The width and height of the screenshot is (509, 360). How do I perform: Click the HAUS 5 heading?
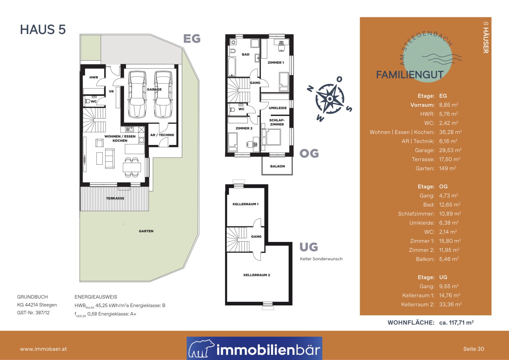[43, 30]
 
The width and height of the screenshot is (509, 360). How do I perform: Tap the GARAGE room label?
[154, 89]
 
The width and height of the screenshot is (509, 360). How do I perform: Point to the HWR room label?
[94, 77]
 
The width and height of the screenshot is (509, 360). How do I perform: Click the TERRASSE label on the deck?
[115, 198]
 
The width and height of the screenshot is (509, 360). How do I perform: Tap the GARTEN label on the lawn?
[146, 231]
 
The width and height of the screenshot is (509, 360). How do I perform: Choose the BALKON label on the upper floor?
[277, 166]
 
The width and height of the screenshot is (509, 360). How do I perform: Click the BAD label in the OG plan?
[246, 54]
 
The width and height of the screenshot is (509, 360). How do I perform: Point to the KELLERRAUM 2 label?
[257, 275]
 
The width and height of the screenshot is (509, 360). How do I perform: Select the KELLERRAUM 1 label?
[245, 204]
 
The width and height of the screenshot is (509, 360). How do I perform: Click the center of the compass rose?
[330, 99]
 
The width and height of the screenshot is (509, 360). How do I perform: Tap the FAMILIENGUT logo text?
[410, 75]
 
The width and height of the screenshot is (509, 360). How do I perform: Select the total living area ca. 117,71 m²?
[456, 323]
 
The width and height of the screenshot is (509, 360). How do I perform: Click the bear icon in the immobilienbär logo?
[201, 349]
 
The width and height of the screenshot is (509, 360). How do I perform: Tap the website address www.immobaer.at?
[43, 349]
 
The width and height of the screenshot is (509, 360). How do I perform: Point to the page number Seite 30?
[473, 349]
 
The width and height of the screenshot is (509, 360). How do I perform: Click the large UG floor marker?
[309, 247]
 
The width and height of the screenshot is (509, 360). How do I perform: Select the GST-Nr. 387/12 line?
[33, 313]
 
